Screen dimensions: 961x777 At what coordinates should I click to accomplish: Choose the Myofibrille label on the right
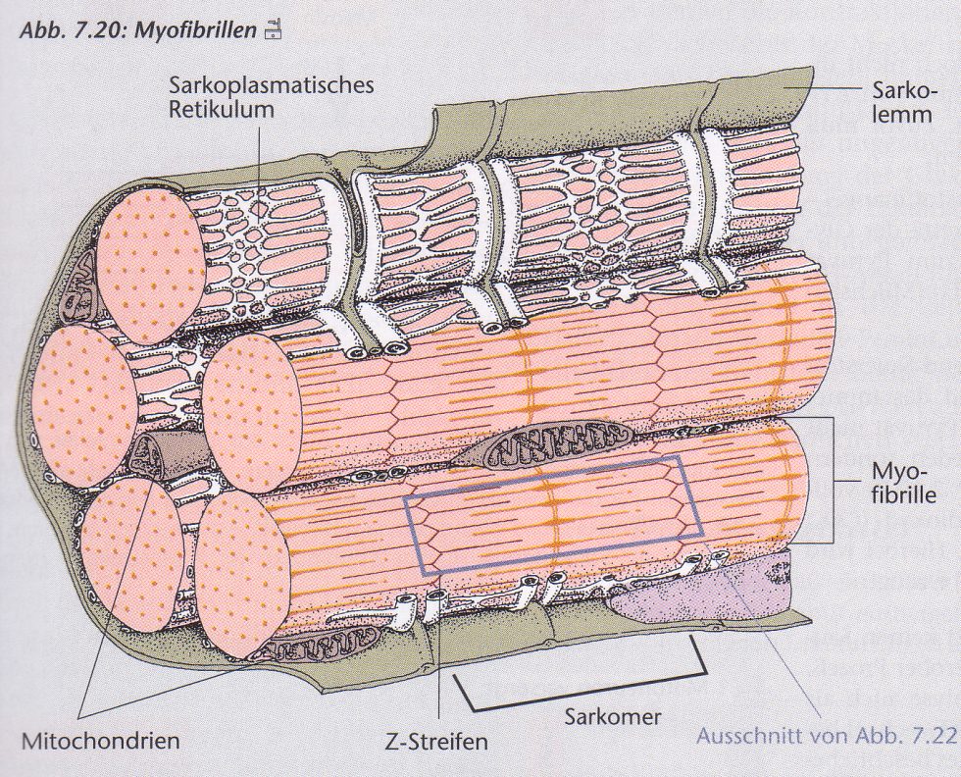pos(904,484)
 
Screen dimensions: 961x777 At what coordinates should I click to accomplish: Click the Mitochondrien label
pos(100,741)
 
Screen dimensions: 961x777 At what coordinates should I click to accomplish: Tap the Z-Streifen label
pos(435,742)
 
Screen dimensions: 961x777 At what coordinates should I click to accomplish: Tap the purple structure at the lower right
pos(702,588)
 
